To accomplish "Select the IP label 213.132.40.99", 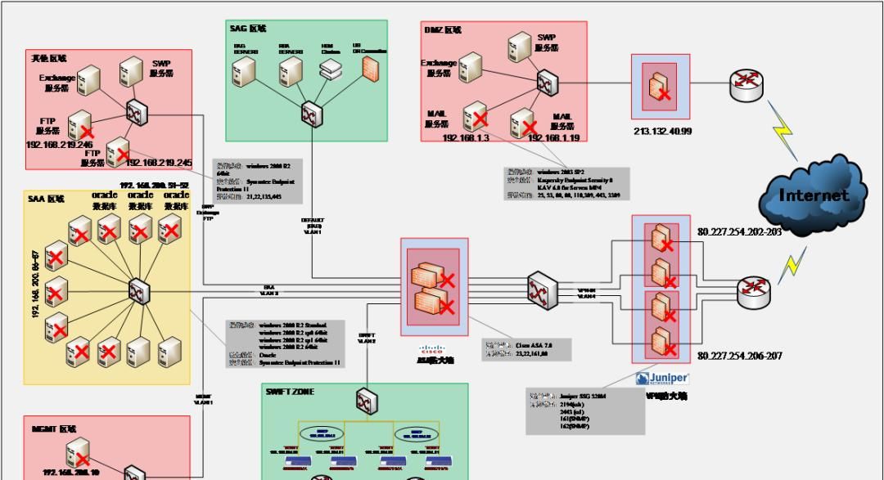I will click(x=662, y=131).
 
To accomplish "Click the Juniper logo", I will click(x=662, y=378).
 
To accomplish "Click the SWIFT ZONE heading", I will click(x=290, y=392).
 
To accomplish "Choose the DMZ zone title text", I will click(x=442, y=30).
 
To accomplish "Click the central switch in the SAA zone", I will click(x=138, y=289).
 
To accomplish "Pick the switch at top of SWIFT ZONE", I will click(x=365, y=401).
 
